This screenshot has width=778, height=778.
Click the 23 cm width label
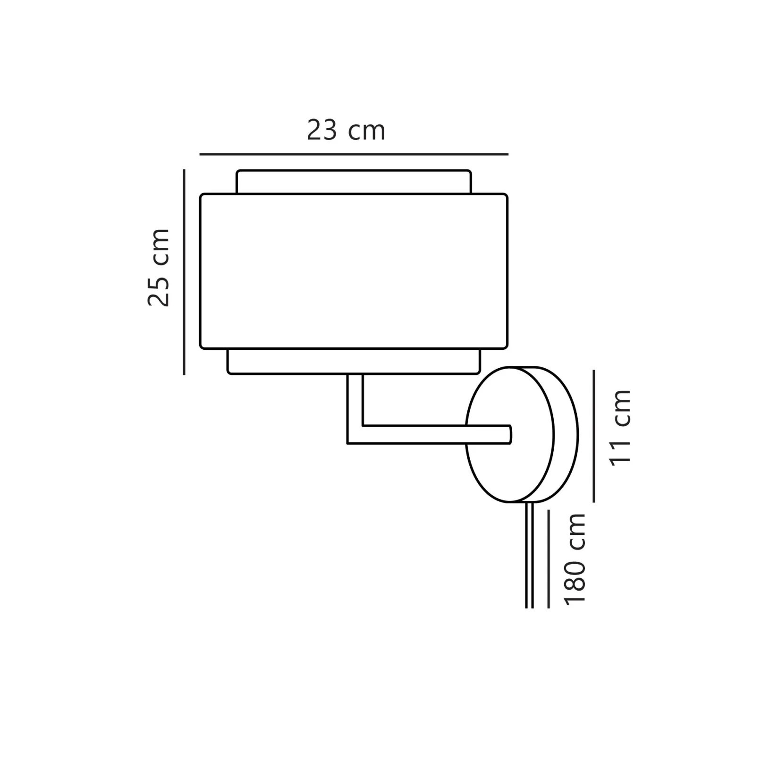[x=346, y=130]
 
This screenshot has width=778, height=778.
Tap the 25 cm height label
[x=159, y=268]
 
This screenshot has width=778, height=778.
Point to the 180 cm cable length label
[x=575, y=558]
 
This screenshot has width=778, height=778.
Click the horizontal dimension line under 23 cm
[x=354, y=154]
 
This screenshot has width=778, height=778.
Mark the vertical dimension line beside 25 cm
[x=184, y=272]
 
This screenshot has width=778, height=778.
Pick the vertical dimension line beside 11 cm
[x=594, y=436]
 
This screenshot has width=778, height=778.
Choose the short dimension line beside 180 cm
[x=549, y=558]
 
